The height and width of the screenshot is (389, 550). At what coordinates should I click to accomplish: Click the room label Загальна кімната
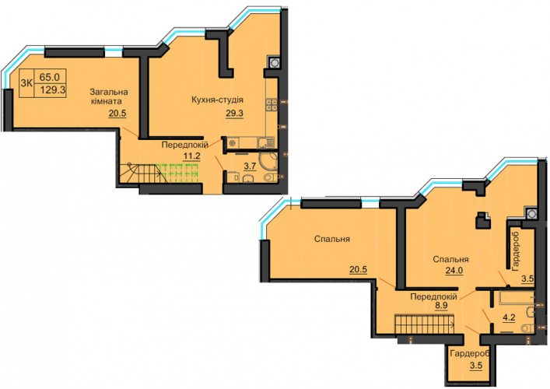click(x=109, y=96)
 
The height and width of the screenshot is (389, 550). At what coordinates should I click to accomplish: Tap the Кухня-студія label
click(x=217, y=100)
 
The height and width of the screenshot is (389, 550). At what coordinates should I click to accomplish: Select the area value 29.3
click(x=234, y=114)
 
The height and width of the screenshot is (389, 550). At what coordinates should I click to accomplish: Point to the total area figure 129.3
click(x=53, y=90)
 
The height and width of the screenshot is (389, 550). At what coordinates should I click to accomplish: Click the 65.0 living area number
click(x=50, y=76)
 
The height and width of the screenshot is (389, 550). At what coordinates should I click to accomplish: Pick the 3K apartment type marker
click(x=27, y=83)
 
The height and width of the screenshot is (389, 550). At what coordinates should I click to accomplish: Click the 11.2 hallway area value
click(x=192, y=156)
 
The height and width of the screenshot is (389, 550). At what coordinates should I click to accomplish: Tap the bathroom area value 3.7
click(x=250, y=166)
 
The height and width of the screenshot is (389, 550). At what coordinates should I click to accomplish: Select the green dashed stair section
click(x=177, y=172)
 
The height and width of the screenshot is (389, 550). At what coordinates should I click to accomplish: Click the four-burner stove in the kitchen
click(x=271, y=105)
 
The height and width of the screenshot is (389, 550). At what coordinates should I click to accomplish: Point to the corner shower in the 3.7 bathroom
click(x=270, y=160)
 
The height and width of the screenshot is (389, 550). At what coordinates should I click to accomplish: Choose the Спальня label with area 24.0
click(x=450, y=260)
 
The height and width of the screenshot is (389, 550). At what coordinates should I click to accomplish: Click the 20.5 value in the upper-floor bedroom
click(x=358, y=269)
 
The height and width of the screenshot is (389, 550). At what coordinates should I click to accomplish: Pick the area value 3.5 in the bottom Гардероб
click(x=476, y=366)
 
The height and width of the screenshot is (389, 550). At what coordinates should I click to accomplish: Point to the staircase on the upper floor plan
click(x=425, y=322)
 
